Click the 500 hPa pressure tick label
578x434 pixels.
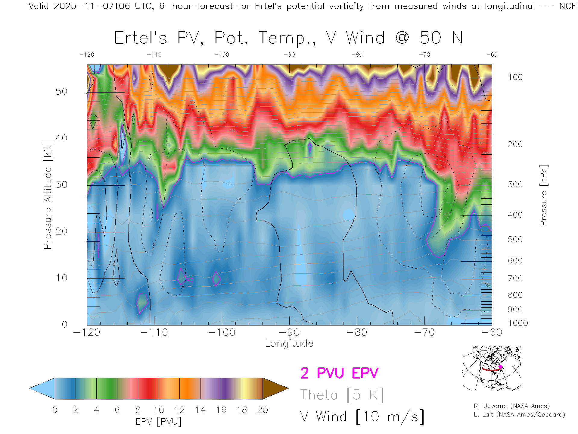[x=515, y=239]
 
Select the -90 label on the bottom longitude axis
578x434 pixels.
[x=289, y=332]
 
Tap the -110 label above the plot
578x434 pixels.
[x=154, y=55]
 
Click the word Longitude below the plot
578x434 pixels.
[x=289, y=343]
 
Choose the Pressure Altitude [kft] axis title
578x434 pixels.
[x=48, y=195]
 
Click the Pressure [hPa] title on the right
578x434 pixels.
[x=543, y=195]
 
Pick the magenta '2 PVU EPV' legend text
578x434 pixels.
[x=339, y=373]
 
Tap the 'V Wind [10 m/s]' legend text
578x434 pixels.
[x=362, y=417]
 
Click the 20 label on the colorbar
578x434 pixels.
[x=263, y=410]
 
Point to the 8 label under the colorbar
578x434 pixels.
[x=138, y=410]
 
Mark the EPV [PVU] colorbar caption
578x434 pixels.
[x=159, y=422]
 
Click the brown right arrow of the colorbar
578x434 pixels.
[x=275, y=388]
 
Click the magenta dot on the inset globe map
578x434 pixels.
[x=500, y=367]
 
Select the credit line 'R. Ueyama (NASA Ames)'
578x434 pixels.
[x=512, y=406]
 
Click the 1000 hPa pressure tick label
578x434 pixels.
[x=518, y=323]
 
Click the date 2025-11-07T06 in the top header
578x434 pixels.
[x=92, y=6]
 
